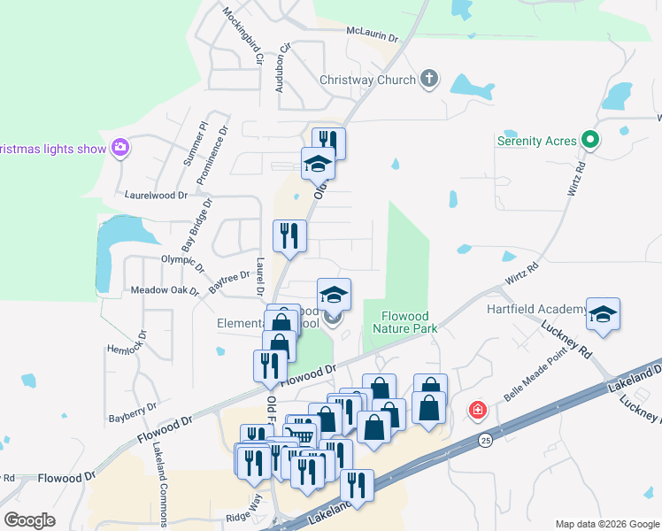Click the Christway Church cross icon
[429, 80]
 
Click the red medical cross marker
[478, 411]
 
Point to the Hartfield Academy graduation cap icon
[603, 313]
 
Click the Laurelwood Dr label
[158, 193]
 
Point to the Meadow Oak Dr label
[165, 289]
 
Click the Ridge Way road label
[244, 517]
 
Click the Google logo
[29, 520]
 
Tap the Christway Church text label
[367, 81]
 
